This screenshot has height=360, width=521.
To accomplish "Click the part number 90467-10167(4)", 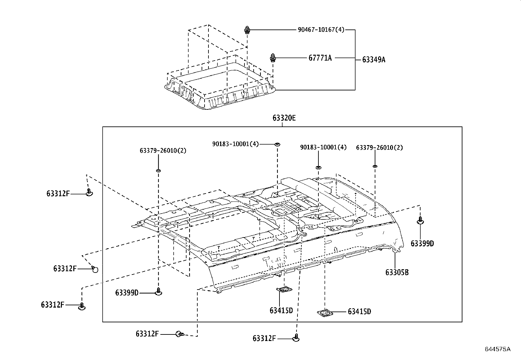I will (321, 29).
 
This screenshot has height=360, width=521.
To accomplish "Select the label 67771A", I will (320, 58).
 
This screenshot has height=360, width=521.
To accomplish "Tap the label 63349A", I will (373, 60).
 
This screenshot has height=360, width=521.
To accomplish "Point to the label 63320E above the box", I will (284, 118).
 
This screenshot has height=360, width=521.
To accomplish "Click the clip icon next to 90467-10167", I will (247, 30).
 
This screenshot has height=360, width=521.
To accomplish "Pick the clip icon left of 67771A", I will (273, 58).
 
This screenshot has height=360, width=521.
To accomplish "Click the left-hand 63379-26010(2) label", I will (163, 150).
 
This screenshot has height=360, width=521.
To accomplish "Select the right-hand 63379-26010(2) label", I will (379, 147).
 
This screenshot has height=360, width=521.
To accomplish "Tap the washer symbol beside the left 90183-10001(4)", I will (277, 144).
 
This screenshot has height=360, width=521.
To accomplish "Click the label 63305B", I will (397, 272).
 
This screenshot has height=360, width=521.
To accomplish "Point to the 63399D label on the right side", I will (422, 243).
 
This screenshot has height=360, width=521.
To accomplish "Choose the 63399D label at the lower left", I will (127, 293).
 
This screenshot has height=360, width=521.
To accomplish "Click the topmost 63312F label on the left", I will (58, 194).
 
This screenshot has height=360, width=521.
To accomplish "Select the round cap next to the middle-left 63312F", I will (95, 269).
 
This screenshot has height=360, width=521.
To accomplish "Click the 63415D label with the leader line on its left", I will (359, 312).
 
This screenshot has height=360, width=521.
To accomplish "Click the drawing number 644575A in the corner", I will (497, 349).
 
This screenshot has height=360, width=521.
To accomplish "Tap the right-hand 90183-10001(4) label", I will (323, 147).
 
